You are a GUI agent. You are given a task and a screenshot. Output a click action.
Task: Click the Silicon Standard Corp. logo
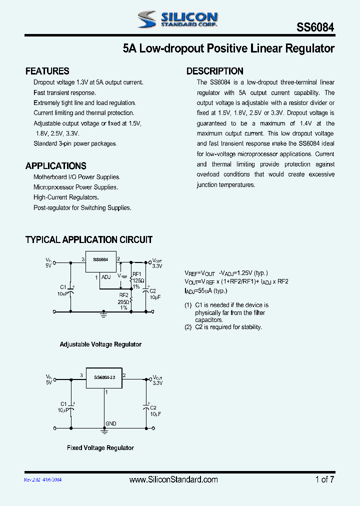(x=177, y=19)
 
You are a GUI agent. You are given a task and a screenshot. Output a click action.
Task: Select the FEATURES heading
(x=47, y=71)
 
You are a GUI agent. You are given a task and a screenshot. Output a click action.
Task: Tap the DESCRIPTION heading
(x=215, y=71)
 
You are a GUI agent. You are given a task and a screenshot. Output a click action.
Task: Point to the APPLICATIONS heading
(x=55, y=166)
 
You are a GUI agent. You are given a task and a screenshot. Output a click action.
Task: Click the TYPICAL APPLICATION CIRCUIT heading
(x=89, y=240)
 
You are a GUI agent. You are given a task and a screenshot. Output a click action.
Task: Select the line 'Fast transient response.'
(x=64, y=92)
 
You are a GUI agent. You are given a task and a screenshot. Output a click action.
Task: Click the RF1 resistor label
(x=136, y=274)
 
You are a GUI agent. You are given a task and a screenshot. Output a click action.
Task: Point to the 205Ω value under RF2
(x=124, y=302)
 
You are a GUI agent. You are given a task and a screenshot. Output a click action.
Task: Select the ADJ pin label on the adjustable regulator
(x=106, y=277)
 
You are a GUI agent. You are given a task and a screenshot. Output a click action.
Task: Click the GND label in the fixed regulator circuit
(x=111, y=423)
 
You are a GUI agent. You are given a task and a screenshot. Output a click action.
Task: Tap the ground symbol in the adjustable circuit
(x=104, y=314)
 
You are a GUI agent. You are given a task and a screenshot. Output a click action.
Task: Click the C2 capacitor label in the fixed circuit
(x=153, y=407)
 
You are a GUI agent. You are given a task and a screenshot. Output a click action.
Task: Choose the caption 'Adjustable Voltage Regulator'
(x=100, y=344)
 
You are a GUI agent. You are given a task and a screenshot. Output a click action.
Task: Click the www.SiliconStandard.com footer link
(x=173, y=479)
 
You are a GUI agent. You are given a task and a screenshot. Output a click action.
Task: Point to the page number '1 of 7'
(x=325, y=479)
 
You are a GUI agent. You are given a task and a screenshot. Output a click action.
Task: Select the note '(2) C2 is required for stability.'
(x=223, y=327)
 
